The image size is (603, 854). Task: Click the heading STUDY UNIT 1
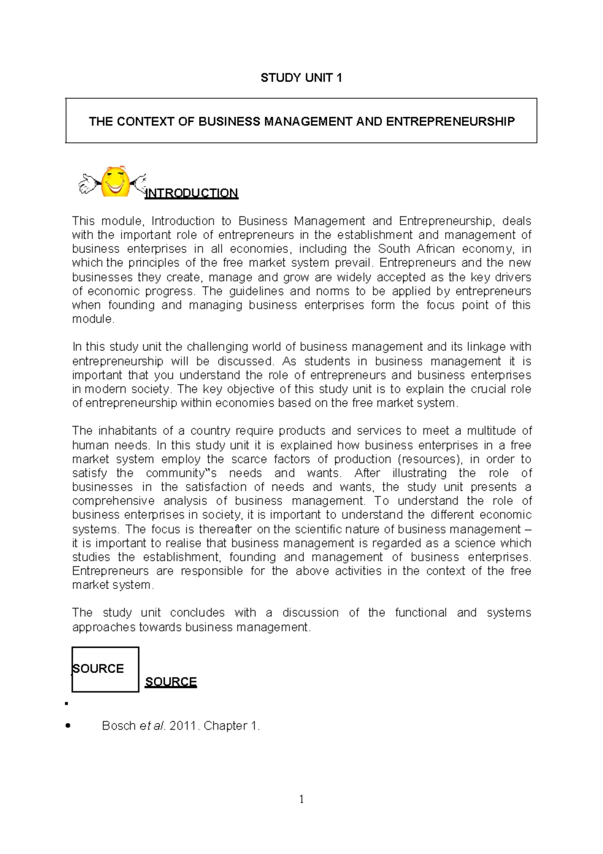click(x=301, y=77)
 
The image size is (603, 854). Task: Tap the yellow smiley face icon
click(x=115, y=182)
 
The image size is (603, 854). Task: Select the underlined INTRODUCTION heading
click(x=191, y=193)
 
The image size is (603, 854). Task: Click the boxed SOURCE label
click(x=99, y=668)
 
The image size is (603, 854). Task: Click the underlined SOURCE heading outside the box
click(x=171, y=682)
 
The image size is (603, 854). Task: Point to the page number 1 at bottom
click(x=301, y=799)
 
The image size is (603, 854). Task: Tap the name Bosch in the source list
click(x=119, y=726)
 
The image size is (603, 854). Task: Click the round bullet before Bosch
click(x=68, y=726)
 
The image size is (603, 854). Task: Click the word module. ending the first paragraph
click(x=93, y=319)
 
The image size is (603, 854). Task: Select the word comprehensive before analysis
click(x=114, y=501)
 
